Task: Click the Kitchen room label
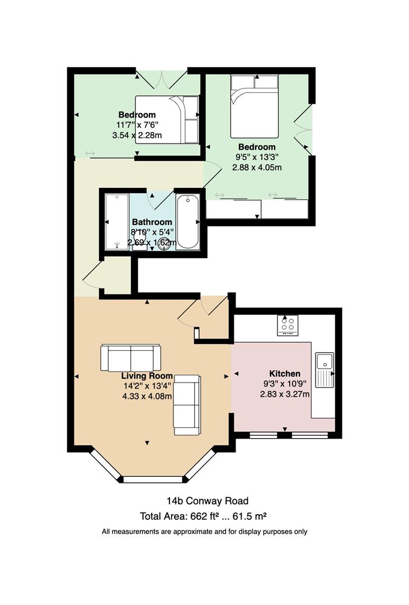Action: [x=284, y=374]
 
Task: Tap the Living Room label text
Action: [x=147, y=376]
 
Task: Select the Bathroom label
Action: [x=152, y=222]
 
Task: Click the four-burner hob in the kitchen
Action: [x=288, y=325]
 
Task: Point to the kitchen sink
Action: [x=325, y=370]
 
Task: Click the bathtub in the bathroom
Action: [x=188, y=222]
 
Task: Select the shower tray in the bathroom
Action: [x=116, y=222]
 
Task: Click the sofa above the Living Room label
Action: [x=131, y=357]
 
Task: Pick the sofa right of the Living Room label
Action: [x=186, y=405]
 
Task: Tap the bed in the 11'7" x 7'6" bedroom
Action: [x=167, y=120]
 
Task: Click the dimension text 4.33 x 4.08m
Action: [x=147, y=396]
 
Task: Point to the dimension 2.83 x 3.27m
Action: [x=285, y=394]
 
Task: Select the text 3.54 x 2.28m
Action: [x=137, y=135]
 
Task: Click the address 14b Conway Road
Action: [x=208, y=501]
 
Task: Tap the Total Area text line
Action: [x=204, y=516]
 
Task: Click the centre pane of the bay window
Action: [x=152, y=480]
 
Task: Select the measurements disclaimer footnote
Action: [x=204, y=532]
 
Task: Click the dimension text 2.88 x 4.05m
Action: [x=257, y=167]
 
